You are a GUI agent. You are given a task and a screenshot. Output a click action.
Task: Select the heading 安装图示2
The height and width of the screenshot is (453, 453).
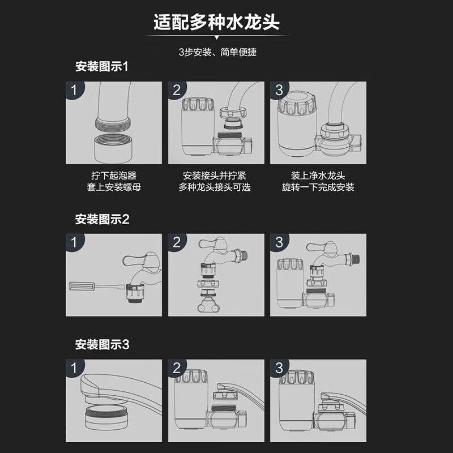(x=102, y=219)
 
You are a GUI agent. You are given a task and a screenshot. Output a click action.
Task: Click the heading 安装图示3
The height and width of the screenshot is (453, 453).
(x=102, y=344)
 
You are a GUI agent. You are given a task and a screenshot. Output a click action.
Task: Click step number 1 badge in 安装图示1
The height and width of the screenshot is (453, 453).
(x=73, y=91)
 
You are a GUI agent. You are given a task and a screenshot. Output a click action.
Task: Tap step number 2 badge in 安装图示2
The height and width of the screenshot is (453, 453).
(x=177, y=243)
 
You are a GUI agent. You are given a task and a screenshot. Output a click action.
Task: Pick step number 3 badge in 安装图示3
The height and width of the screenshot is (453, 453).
(x=279, y=368)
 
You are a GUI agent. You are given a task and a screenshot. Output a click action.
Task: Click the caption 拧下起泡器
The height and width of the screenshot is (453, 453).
(x=114, y=176)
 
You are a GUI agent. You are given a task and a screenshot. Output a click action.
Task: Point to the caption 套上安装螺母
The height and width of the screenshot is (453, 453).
(x=114, y=187)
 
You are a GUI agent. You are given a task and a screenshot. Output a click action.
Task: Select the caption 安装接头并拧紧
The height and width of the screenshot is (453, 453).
(x=216, y=176)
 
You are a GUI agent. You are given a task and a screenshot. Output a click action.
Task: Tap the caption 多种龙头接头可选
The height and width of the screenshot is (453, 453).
(x=216, y=187)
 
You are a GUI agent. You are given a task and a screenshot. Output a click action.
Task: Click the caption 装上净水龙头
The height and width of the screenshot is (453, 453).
(x=318, y=176)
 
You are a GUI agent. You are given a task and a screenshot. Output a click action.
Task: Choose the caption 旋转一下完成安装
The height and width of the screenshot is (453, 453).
(x=318, y=187)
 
